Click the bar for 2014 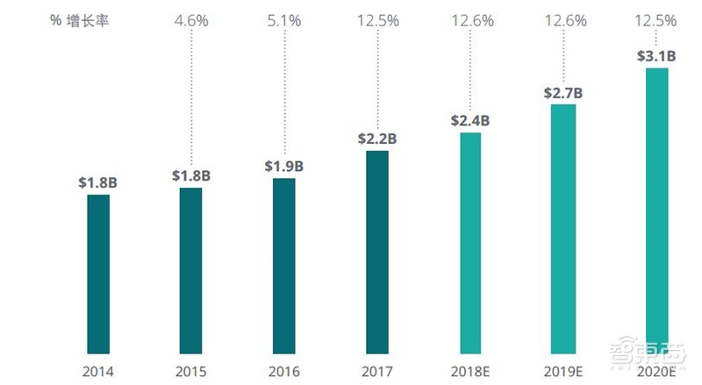pos(98,274)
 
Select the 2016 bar pos(284,266)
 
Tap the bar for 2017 pos(377,252)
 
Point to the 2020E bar pos(656,210)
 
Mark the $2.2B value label pos(377,139)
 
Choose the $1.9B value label pos(284,167)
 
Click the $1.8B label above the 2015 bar pos(191,175)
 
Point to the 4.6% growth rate pos(191,20)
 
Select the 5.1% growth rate pos(284,20)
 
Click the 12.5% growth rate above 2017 pos(377,20)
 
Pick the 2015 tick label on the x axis pos(191,372)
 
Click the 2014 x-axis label pos(98,372)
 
